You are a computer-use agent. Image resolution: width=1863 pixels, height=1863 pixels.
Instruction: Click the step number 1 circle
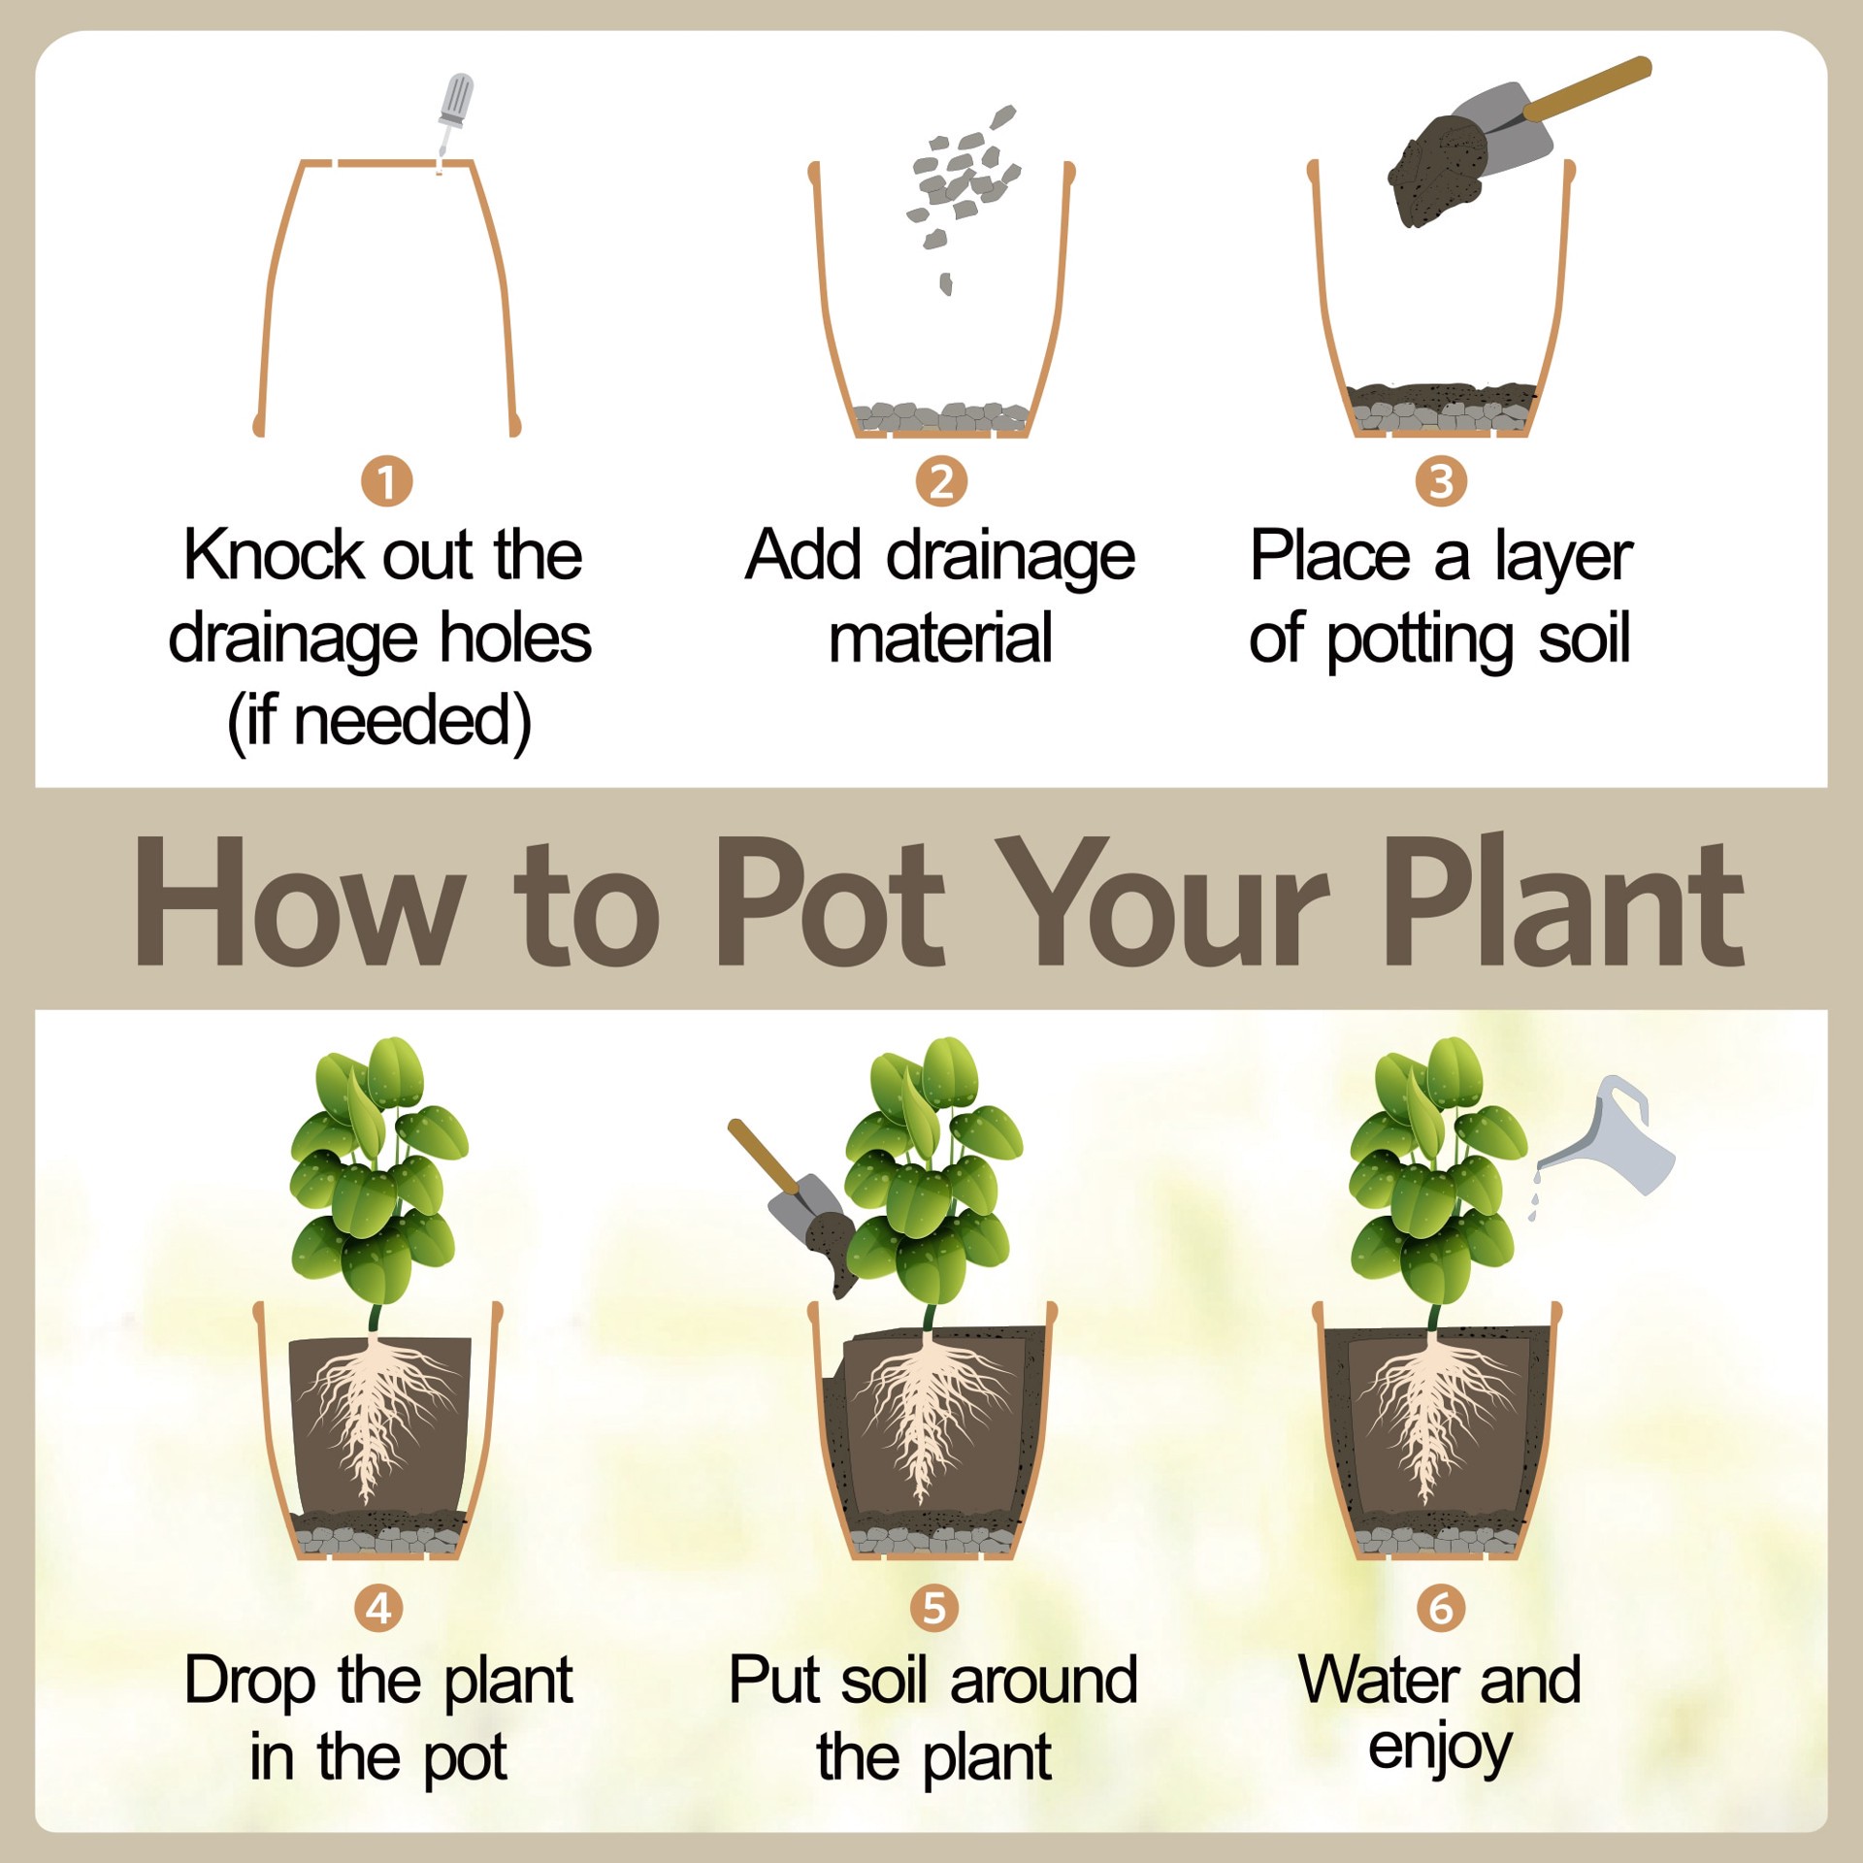[x=386, y=482]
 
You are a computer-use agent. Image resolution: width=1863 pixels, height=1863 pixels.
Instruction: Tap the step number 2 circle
[x=941, y=482]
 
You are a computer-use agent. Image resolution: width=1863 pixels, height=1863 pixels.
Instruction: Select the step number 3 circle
[x=1441, y=482]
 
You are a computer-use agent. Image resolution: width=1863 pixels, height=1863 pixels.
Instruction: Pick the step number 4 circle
[x=379, y=1608]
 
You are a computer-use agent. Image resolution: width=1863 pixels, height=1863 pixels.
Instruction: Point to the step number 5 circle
[x=933, y=1608]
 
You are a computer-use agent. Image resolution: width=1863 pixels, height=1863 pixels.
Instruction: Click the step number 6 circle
[x=1441, y=1608]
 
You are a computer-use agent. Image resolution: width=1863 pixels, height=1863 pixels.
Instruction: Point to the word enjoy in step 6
[x=1440, y=1749]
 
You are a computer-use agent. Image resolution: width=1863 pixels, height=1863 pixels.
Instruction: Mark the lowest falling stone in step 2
[x=945, y=284]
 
